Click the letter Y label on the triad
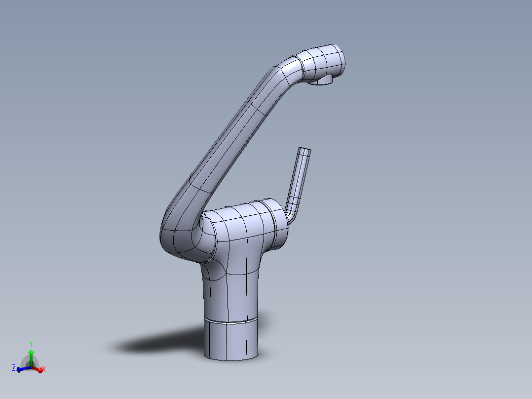31,343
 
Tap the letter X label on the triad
44,369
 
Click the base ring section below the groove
231,341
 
